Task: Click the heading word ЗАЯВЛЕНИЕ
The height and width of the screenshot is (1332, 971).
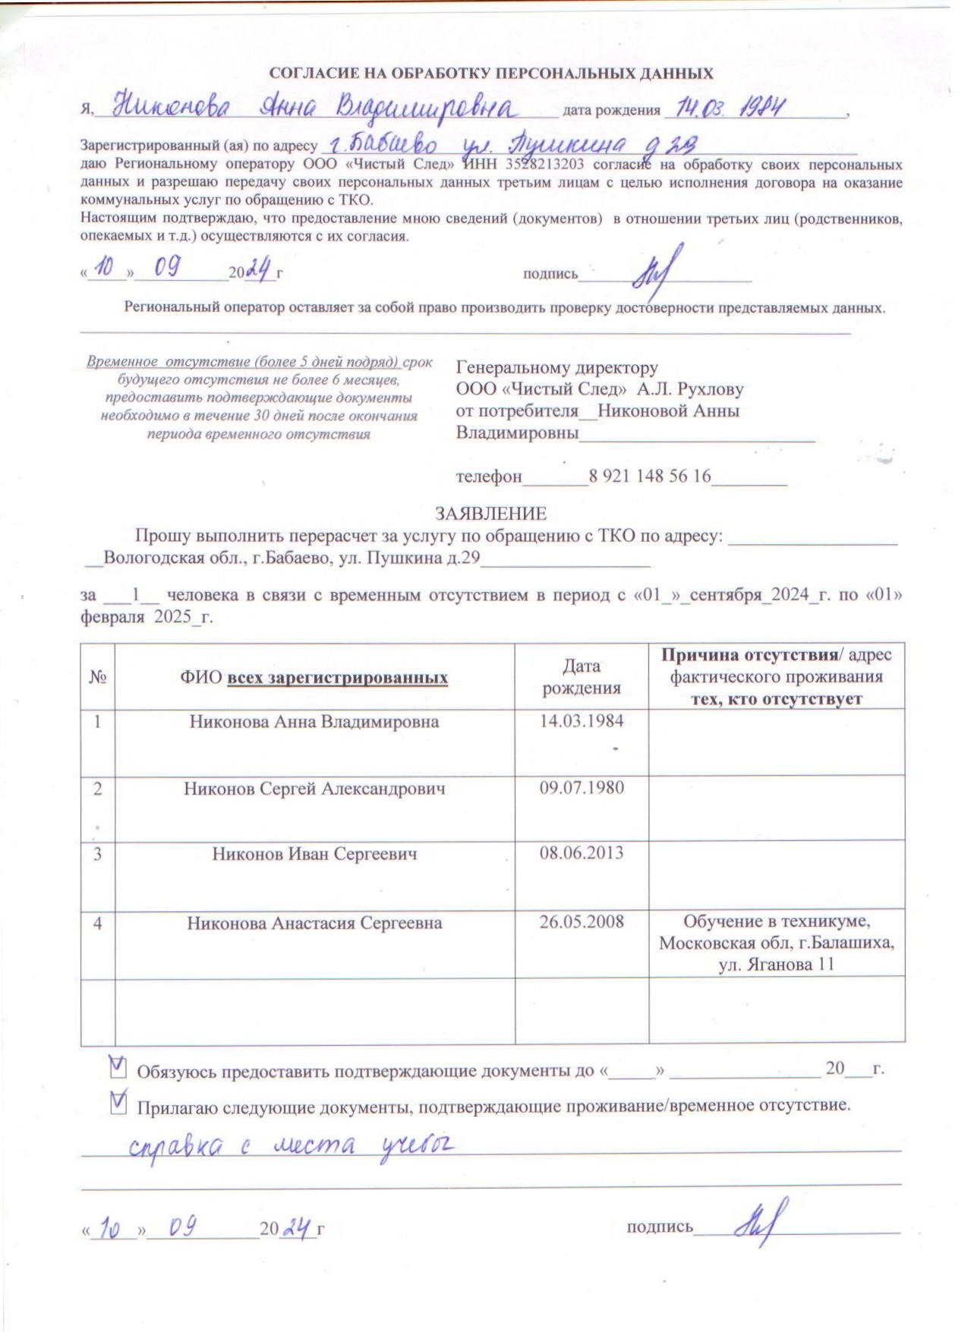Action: [490, 514]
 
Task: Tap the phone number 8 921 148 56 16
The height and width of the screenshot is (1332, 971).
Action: [649, 477]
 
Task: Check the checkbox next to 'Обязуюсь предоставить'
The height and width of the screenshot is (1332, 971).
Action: [118, 1068]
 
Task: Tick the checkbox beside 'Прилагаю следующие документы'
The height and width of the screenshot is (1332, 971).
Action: [118, 1103]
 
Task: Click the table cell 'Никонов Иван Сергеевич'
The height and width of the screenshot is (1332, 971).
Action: [314, 855]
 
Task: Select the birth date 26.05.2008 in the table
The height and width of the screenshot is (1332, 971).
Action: [582, 922]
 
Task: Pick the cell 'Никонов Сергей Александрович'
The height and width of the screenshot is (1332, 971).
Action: [314, 789]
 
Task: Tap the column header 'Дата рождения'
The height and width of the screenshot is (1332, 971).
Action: [582, 677]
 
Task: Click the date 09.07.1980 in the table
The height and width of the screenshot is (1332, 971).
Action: [582, 788]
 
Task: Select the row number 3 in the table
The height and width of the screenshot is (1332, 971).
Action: [97, 855]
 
